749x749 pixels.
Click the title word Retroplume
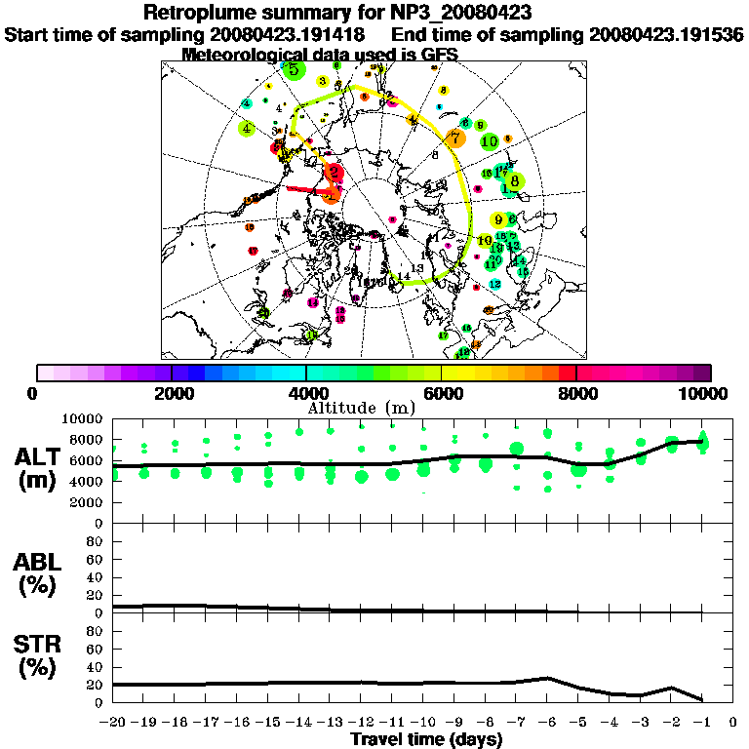[200, 14]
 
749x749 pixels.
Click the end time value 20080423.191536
[666, 34]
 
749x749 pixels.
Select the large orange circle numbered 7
[454, 138]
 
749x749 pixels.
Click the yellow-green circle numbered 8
[515, 180]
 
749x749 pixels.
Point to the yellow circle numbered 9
[498, 220]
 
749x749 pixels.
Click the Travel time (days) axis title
[426, 740]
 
